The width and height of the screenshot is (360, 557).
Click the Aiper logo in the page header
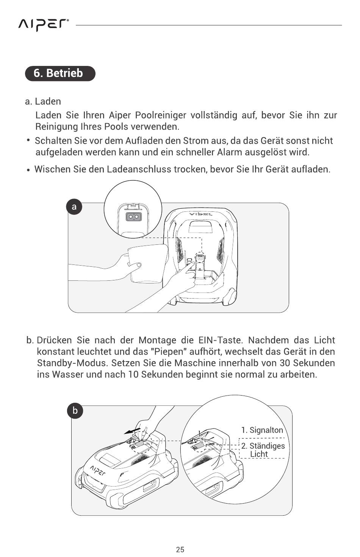coord(44,25)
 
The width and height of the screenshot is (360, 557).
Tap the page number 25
coord(180,549)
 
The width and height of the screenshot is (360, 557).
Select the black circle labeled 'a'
coord(74,207)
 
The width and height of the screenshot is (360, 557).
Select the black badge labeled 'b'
coord(75,411)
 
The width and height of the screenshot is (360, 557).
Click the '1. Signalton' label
coord(262,430)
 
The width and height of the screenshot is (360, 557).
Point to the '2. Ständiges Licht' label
coord(263,450)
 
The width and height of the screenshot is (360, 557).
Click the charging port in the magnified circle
coord(132,217)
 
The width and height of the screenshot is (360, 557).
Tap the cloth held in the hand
coord(148,263)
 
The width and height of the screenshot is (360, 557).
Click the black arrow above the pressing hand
coord(132,431)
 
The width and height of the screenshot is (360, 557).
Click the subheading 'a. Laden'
coord(43,102)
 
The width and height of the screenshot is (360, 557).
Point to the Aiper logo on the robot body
coord(98,470)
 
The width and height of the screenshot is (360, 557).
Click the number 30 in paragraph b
coord(285,363)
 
